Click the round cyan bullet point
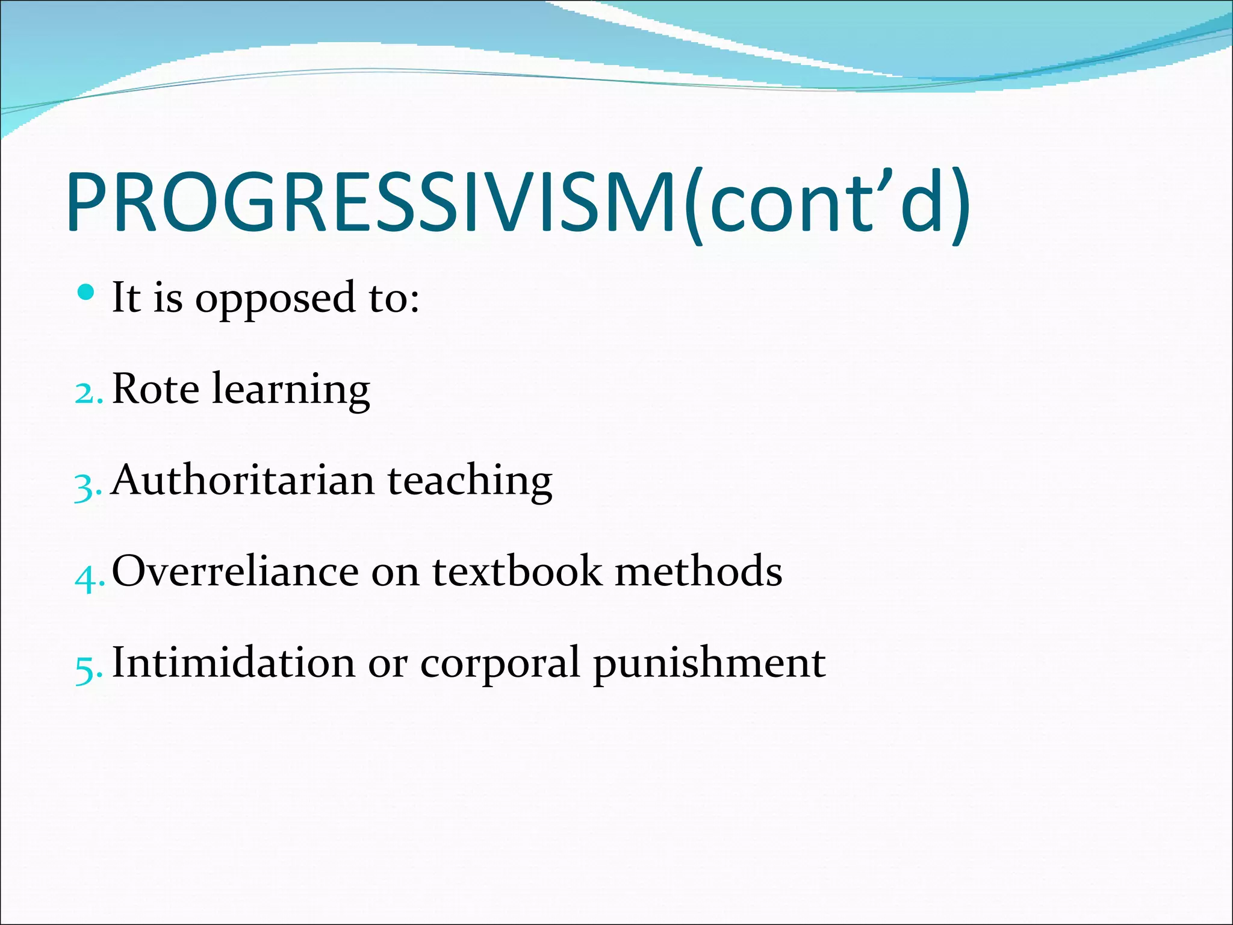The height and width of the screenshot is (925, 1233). click(87, 293)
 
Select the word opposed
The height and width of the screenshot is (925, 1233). click(275, 299)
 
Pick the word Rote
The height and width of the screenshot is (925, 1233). click(155, 389)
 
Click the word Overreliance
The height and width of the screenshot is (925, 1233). click(235, 571)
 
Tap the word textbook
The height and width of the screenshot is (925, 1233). click(517, 571)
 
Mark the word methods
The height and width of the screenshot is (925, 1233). click(698, 571)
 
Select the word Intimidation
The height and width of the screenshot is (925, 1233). click(234, 662)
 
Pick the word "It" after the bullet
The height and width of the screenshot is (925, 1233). click(126, 297)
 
